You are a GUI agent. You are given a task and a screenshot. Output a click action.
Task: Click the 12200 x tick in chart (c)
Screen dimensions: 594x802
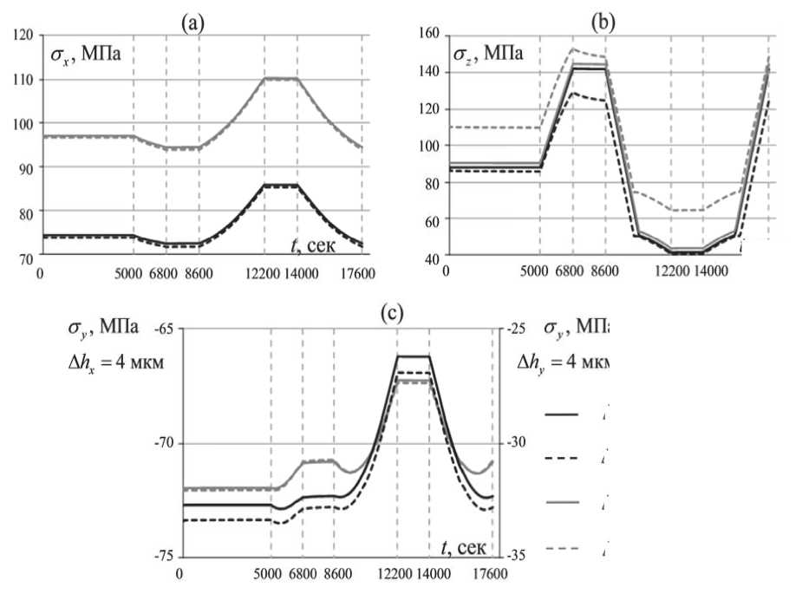coord(396,572)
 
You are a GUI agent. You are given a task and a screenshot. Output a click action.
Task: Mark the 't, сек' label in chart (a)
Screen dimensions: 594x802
coord(316,245)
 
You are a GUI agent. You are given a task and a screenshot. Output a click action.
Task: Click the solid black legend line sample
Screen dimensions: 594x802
coord(562,414)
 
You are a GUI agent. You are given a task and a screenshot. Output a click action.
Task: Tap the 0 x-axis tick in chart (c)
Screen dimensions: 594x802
coord(179,572)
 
